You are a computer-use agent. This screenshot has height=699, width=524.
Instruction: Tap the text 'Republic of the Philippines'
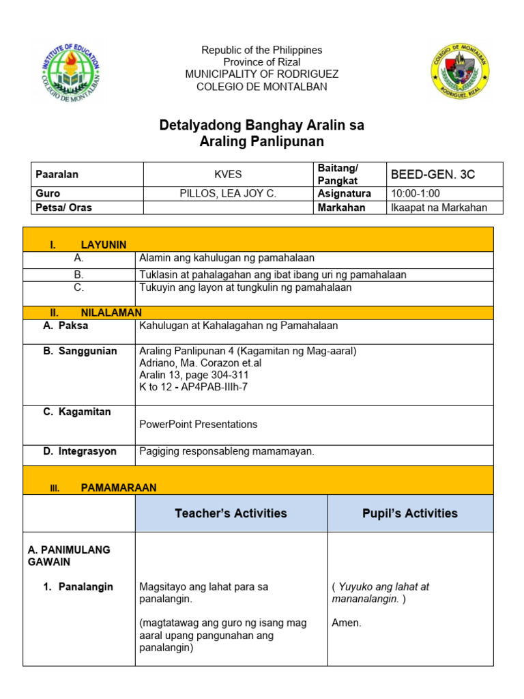pyautogui.click(x=261, y=50)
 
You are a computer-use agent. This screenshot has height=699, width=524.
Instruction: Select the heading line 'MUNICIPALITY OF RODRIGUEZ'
pyautogui.click(x=261, y=74)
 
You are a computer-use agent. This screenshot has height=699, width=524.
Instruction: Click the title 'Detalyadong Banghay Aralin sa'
pyautogui.click(x=261, y=126)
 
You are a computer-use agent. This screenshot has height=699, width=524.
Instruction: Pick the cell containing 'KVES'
pyautogui.click(x=228, y=174)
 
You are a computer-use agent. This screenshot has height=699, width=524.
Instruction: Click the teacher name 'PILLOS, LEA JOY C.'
pyautogui.click(x=228, y=194)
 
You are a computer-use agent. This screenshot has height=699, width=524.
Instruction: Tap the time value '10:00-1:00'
pyautogui.click(x=416, y=194)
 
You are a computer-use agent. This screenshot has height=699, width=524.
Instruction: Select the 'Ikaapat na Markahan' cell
pyautogui.click(x=439, y=208)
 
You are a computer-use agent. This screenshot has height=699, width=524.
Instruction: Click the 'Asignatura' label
pyautogui.click(x=345, y=194)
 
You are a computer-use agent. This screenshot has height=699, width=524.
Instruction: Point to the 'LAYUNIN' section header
pyautogui.click(x=104, y=244)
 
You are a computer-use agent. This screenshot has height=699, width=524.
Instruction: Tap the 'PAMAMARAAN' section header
pyautogui.click(x=118, y=487)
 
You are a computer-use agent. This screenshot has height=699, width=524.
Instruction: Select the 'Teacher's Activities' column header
pyautogui.click(x=231, y=513)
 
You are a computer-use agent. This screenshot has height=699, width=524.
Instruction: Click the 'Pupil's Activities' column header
pyautogui.click(x=410, y=513)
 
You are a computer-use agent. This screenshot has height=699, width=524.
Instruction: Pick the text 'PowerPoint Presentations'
pyautogui.click(x=198, y=424)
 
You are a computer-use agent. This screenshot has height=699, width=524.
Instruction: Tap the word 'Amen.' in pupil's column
pyautogui.click(x=346, y=623)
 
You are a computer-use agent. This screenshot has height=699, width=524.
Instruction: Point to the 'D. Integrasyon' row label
pyautogui.click(x=80, y=451)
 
